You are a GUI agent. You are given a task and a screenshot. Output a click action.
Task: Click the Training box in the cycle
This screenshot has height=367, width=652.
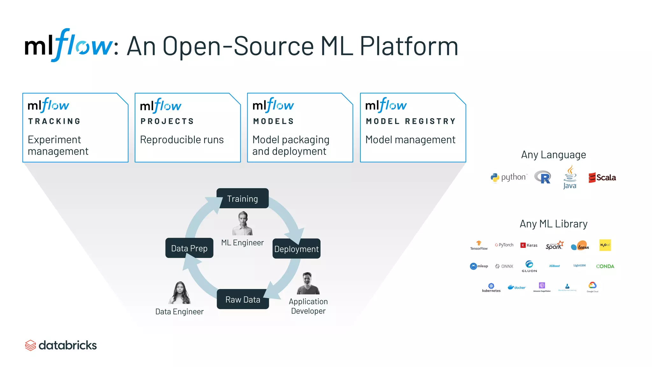pos(242,198)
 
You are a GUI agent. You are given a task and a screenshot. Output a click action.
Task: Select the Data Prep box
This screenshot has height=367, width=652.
pos(189,248)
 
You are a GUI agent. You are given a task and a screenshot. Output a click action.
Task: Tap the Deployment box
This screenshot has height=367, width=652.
pos(296,249)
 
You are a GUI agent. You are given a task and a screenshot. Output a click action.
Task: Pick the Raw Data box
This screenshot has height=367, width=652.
pos(243,299)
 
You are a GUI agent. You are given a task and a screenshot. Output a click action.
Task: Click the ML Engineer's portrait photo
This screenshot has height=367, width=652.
pos(243,223)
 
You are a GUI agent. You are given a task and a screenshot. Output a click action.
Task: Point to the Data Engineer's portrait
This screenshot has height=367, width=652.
pos(180,293)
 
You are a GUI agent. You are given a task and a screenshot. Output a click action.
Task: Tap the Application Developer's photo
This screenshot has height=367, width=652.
pos(308,284)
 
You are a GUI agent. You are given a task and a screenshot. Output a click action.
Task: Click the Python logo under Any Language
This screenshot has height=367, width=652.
pos(509,177)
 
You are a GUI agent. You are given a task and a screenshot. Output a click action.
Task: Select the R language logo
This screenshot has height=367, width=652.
pos(543,177)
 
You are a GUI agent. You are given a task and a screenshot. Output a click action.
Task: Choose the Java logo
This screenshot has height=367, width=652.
pos(570,177)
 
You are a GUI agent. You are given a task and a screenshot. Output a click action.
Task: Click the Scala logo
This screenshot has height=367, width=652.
pos(602,177)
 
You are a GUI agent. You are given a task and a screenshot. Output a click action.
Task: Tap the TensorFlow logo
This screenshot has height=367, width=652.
pos(479,245)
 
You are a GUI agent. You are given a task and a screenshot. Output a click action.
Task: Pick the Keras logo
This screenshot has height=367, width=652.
pos(529,245)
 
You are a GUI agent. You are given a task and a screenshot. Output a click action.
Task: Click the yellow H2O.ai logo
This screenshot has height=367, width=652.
pos(605,245)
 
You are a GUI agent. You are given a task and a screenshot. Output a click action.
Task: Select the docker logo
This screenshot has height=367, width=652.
pos(517,287)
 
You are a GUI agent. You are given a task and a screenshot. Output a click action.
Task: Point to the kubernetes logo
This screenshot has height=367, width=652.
pos(491,287)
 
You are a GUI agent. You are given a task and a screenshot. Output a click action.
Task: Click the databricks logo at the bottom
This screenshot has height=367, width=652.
pos(61,345)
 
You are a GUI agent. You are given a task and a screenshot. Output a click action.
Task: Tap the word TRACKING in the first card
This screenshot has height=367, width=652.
pos(54,121)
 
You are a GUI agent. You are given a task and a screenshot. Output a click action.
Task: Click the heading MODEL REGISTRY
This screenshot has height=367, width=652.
pos(411,121)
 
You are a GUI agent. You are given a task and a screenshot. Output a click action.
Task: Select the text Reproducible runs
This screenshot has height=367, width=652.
pos(182,140)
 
